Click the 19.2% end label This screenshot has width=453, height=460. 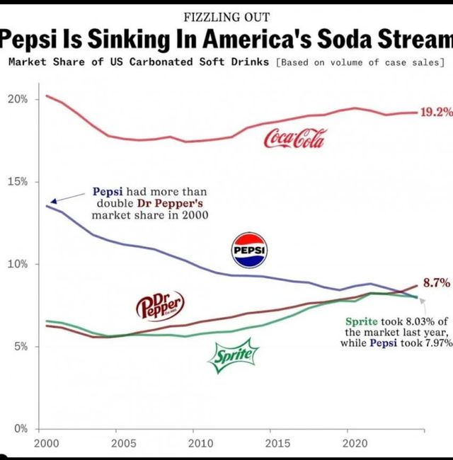tap(435, 113)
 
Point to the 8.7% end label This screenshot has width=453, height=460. tap(437, 282)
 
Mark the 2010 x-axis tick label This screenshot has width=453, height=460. tap(200, 444)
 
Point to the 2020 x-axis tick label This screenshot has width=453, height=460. tap(354, 444)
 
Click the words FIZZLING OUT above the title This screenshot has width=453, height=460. tap(226, 17)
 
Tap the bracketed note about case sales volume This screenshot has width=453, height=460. tap(362, 62)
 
